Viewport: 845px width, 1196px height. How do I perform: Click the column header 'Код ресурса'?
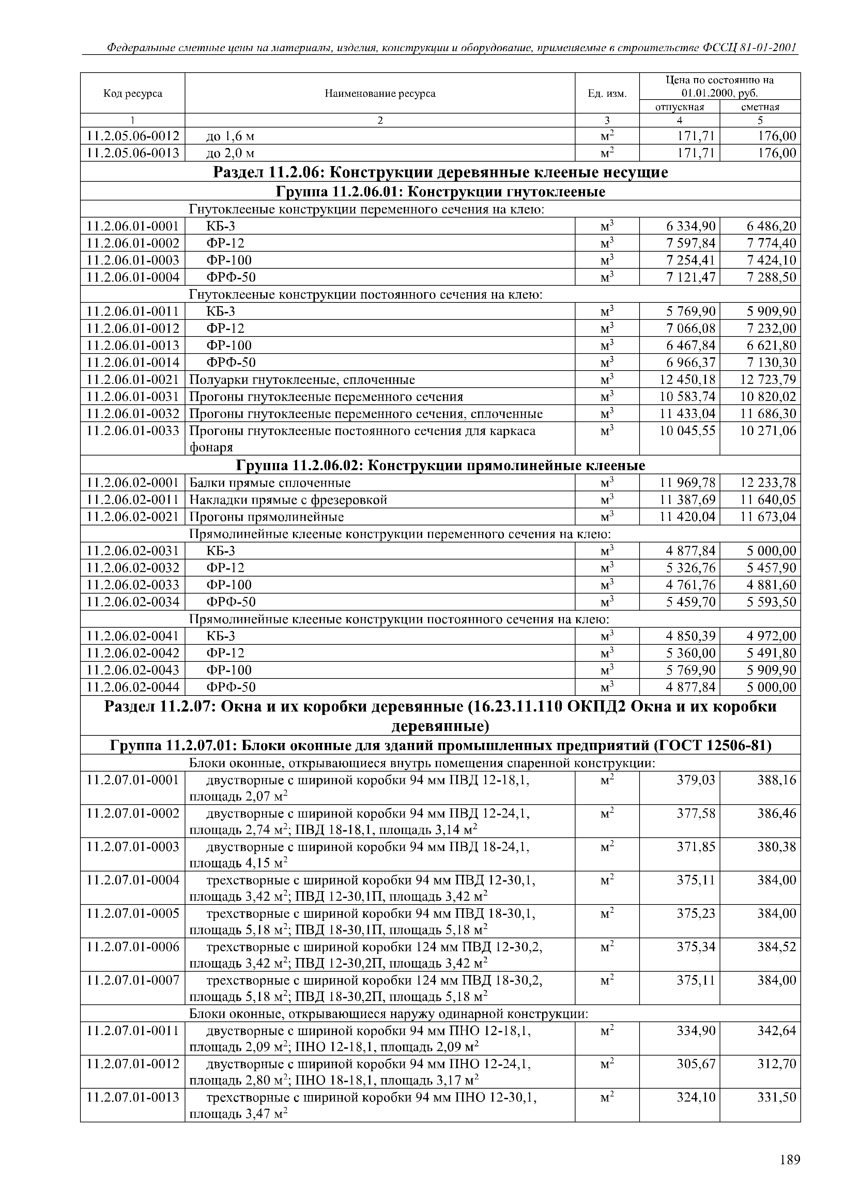pyautogui.click(x=133, y=94)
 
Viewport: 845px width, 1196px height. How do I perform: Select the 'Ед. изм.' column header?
pyautogui.click(x=607, y=94)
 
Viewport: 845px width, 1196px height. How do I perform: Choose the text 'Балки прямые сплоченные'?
pyautogui.click(x=270, y=483)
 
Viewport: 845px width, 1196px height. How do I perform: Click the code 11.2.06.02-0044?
pyautogui.click(x=133, y=687)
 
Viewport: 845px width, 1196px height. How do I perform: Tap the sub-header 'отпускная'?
pyautogui.click(x=679, y=107)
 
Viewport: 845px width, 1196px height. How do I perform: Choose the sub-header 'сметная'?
pyautogui.click(x=760, y=107)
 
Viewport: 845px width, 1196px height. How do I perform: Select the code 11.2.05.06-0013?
pyautogui.click(x=133, y=153)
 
